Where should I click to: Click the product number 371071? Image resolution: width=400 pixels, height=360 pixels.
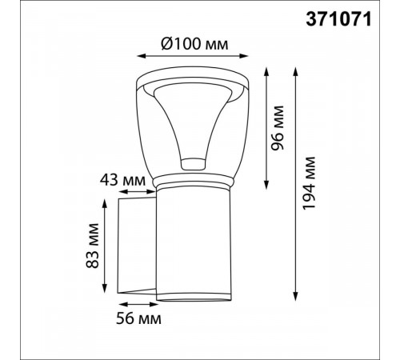(338, 19)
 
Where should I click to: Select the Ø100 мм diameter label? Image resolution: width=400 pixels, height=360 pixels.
(194, 44)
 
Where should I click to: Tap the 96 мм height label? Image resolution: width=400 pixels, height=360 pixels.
(278, 128)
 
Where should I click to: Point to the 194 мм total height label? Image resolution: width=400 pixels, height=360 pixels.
(310, 183)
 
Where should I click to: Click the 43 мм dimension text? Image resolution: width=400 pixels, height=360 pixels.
(123, 180)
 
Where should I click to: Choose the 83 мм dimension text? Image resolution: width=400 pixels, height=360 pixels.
(93, 246)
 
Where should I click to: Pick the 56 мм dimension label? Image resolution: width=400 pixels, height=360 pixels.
(138, 318)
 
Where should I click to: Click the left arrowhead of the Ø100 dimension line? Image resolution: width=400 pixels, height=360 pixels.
(142, 56)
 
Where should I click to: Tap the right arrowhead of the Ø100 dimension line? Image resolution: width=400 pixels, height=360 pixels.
(244, 56)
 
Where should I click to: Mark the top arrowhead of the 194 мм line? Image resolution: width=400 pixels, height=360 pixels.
(295, 72)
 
